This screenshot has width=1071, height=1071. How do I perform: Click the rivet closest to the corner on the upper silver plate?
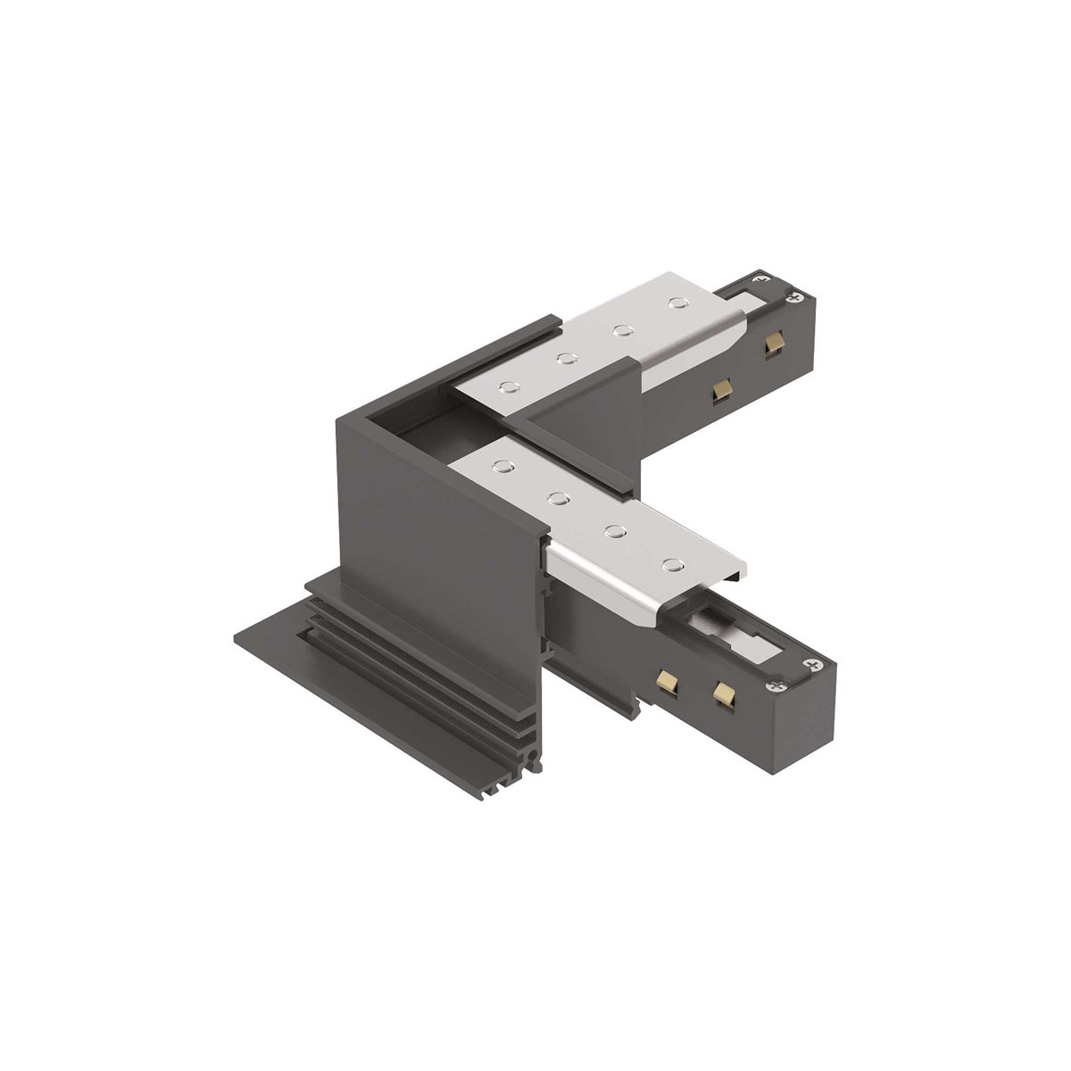point(510,386)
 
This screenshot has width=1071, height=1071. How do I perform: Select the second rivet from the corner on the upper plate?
point(564,360)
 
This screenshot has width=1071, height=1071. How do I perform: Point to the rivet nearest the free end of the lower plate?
point(670,564)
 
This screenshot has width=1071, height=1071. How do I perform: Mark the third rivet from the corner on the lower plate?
point(614,531)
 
